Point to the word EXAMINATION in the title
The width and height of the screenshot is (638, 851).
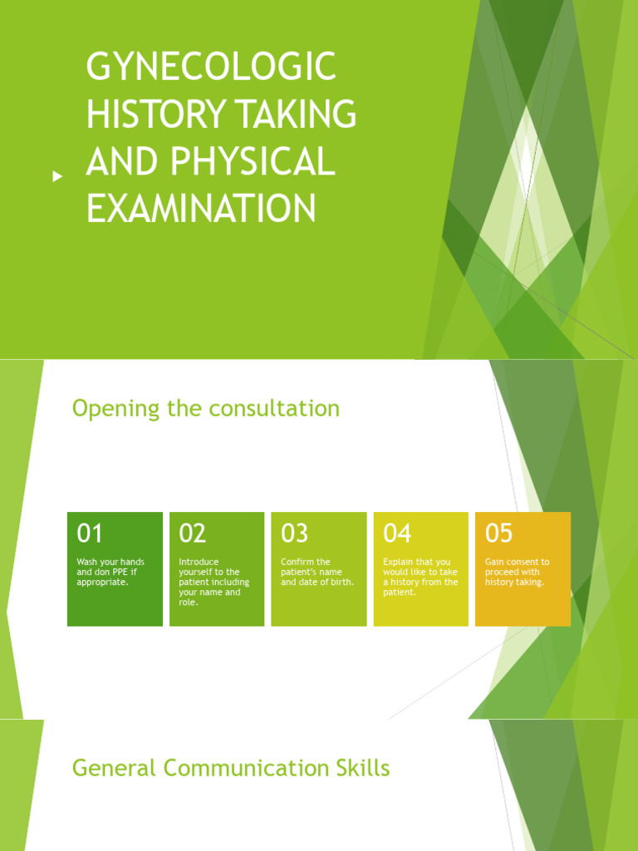point(201,207)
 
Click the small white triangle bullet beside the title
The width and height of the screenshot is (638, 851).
point(57,176)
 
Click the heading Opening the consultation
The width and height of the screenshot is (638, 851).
point(205,409)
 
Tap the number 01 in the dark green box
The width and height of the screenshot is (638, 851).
point(90,533)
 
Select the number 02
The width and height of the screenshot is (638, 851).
point(192,533)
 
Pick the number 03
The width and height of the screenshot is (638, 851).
point(294,533)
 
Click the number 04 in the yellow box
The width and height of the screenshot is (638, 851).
point(397,533)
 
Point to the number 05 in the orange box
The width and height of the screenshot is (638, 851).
point(499,533)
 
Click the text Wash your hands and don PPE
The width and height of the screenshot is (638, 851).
point(110,572)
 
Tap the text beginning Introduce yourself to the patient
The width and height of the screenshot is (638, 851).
point(213,582)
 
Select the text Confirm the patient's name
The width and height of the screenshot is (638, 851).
point(317,572)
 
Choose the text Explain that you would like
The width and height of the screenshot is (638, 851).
point(420,577)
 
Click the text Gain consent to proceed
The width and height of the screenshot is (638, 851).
point(517,572)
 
